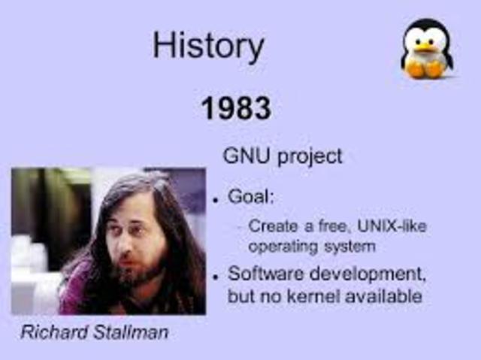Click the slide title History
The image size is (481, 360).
tap(208, 46)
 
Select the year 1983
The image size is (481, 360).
tap(235, 110)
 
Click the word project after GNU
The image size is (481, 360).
tap(310, 157)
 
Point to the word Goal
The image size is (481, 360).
tap(251, 198)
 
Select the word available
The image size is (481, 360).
tap(383, 297)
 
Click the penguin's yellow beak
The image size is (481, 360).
tap(426, 47)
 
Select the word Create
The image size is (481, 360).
tap(270, 225)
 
